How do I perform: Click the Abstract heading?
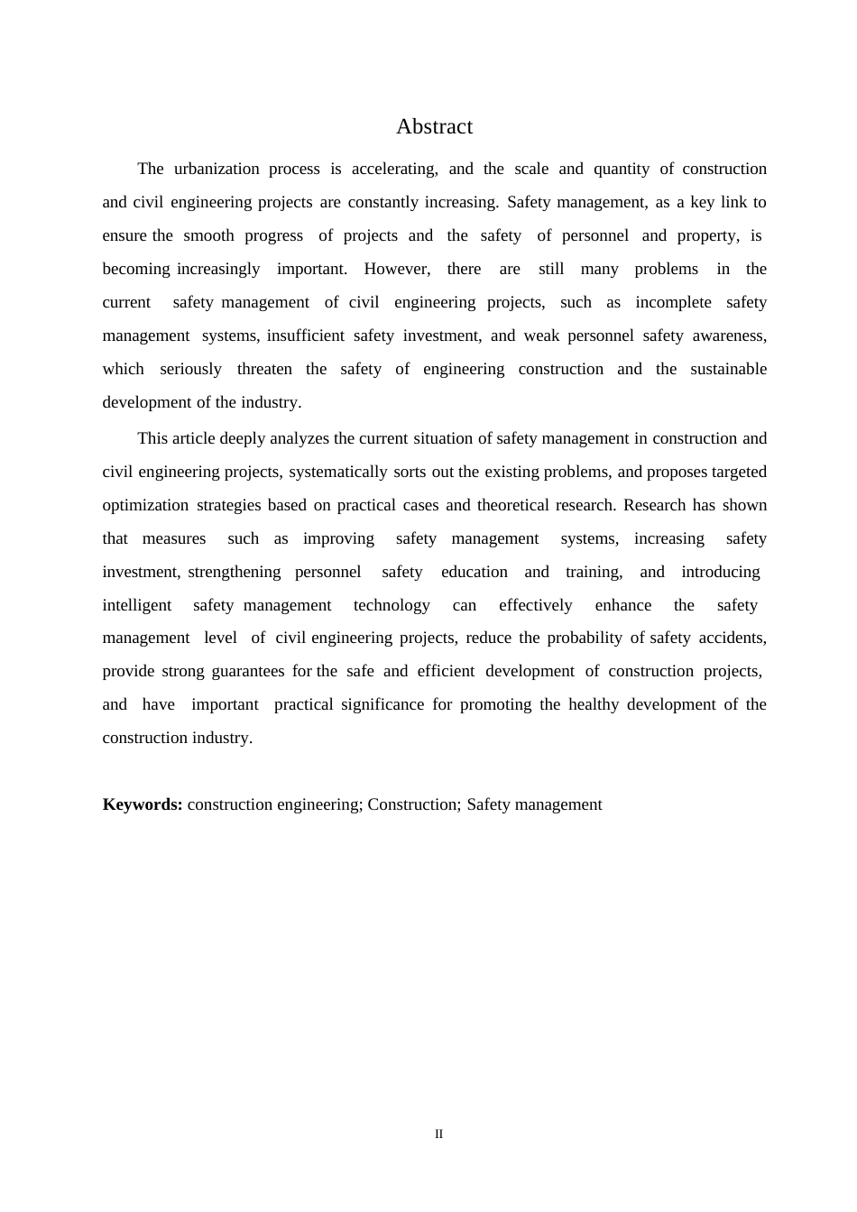click(434, 126)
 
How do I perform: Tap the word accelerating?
click(394, 169)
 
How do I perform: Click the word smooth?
click(209, 235)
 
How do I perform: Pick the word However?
click(397, 269)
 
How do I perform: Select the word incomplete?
click(673, 302)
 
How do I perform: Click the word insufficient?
click(305, 335)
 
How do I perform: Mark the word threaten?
click(264, 369)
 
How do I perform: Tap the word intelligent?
click(137, 605)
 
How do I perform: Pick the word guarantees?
click(247, 671)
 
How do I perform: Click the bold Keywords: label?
click(143, 804)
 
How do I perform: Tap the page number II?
click(438, 1134)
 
